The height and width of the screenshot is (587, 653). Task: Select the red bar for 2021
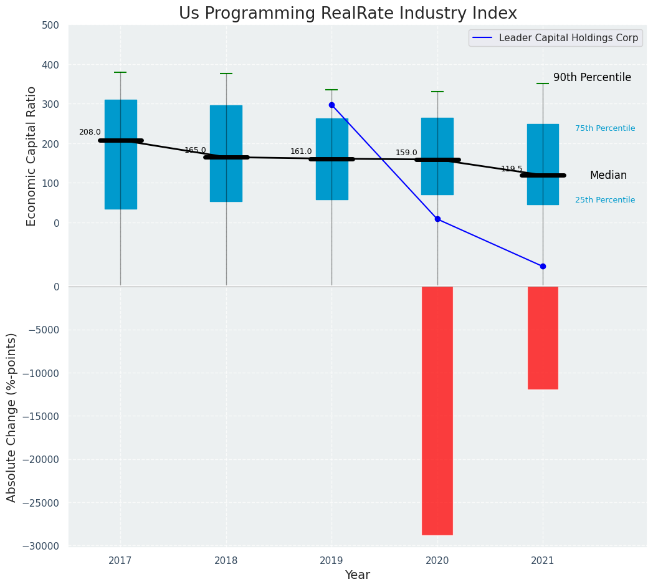(x=543, y=337)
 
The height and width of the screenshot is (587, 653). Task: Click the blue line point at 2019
(x=331, y=105)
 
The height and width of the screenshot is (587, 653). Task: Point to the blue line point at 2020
(x=437, y=219)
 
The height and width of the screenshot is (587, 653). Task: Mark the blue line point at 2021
(x=543, y=266)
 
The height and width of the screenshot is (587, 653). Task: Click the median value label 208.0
(x=90, y=132)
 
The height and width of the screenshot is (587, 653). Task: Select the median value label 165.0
(x=195, y=150)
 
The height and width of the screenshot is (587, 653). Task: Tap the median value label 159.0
(x=406, y=153)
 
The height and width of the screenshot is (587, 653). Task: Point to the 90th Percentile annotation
(x=592, y=77)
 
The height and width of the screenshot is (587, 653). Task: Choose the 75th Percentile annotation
(x=605, y=128)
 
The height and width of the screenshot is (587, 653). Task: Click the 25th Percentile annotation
(x=605, y=200)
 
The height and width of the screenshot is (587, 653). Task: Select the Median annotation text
(x=608, y=176)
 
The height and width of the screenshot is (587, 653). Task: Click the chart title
(x=348, y=14)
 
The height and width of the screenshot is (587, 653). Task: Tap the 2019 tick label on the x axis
(x=331, y=561)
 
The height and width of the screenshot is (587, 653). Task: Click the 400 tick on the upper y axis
(x=50, y=65)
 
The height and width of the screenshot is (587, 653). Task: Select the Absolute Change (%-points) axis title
(x=12, y=417)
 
